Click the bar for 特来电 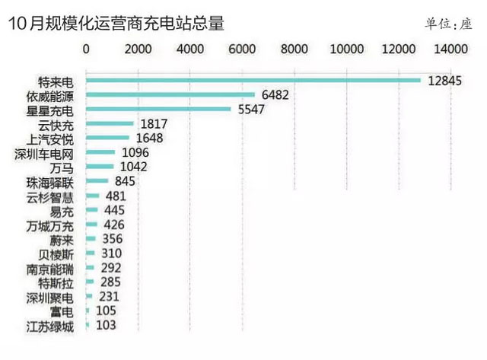[253, 80]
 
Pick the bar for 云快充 [110, 123]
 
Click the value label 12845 [445, 80]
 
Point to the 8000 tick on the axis [294, 49]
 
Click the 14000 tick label [451, 49]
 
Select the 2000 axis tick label [138, 49]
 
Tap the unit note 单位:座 [449, 24]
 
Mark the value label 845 [124, 181]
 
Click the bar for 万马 [100, 167]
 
